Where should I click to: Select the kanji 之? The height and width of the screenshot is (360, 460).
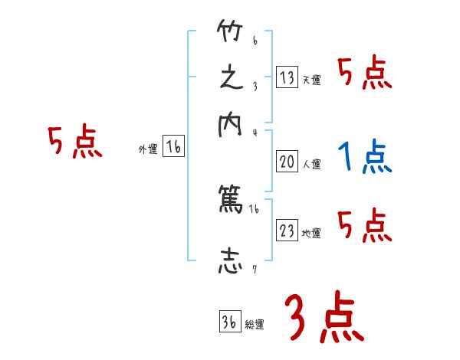click(231, 80)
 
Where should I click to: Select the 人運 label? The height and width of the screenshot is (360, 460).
click(312, 164)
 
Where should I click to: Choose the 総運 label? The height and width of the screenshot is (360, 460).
click(255, 325)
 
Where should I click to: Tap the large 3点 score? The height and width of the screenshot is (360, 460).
click(324, 318)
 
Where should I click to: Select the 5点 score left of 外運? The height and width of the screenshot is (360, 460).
click(74, 142)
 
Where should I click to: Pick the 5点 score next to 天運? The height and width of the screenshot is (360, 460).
click(365, 74)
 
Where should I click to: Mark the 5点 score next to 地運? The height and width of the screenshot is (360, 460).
click(365, 227)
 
